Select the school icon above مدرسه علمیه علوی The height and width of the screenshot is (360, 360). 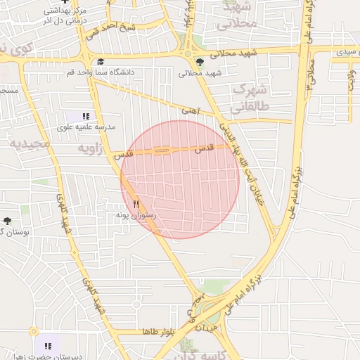pyautogui.click(x=86, y=116)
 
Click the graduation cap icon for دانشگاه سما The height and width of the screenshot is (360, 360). pyautogui.click(x=100, y=62)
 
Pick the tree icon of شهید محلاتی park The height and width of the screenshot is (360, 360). pyautogui.click(x=200, y=62)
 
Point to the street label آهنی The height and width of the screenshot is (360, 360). pyautogui.click(x=190, y=110)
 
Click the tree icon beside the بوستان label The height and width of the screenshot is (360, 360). pyautogui.click(x=7, y=221)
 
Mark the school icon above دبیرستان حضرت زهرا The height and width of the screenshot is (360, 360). pyautogui.click(x=48, y=346)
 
